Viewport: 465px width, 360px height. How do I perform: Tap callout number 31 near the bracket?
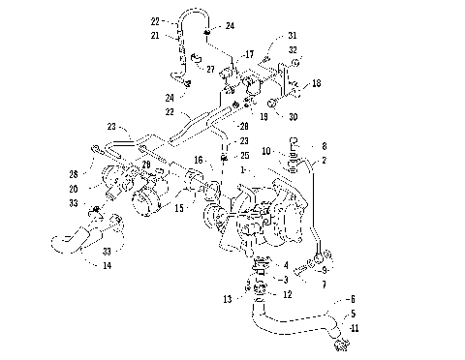291,37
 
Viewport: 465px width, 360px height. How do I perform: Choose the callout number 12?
285,294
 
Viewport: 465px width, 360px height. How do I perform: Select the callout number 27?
209,71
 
